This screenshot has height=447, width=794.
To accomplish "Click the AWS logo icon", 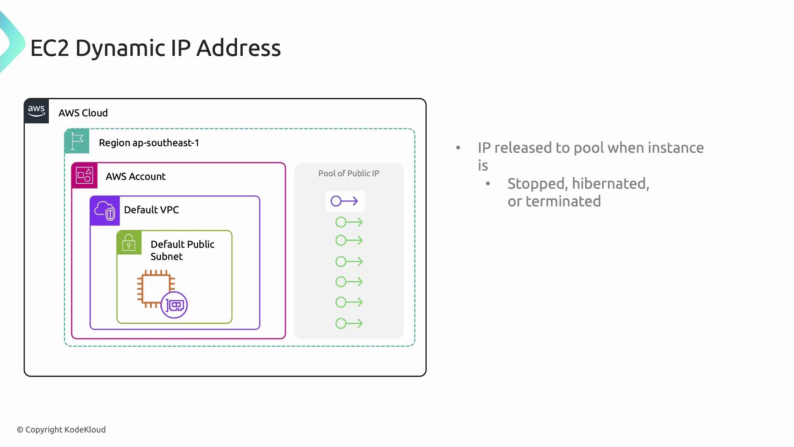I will pyautogui.click(x=36, y=111).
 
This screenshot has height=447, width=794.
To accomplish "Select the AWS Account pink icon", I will pyautogui.click(x=85, y=175).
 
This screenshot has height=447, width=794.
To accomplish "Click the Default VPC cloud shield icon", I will pyautogui.click(x=105, y=211).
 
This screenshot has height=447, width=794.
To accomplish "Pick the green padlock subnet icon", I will pyautogui.click(x=129, y=243).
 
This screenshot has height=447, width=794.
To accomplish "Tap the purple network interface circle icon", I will pyautogui.click(x=174, y=305).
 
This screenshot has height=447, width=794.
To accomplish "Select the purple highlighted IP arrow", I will pyautogui.click(x=344, y=201).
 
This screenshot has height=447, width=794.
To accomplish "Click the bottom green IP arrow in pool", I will pyautogui.click(x=349, y=323).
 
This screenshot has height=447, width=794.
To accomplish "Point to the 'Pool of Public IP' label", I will pyautogui.click(x=349, y=173).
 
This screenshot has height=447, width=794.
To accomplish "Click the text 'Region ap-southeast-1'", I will pyautogui.click(x=149, y=143).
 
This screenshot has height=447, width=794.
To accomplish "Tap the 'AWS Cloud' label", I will pyautogui.click(x=83, y=113).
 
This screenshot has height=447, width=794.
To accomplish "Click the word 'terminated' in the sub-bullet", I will pyautogui.click(x=563, y=201).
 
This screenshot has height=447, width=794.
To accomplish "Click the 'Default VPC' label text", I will pyautogui.click(x=151, y=210).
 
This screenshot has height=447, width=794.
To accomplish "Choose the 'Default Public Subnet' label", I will pyautogui.click(x=182, y=250).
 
